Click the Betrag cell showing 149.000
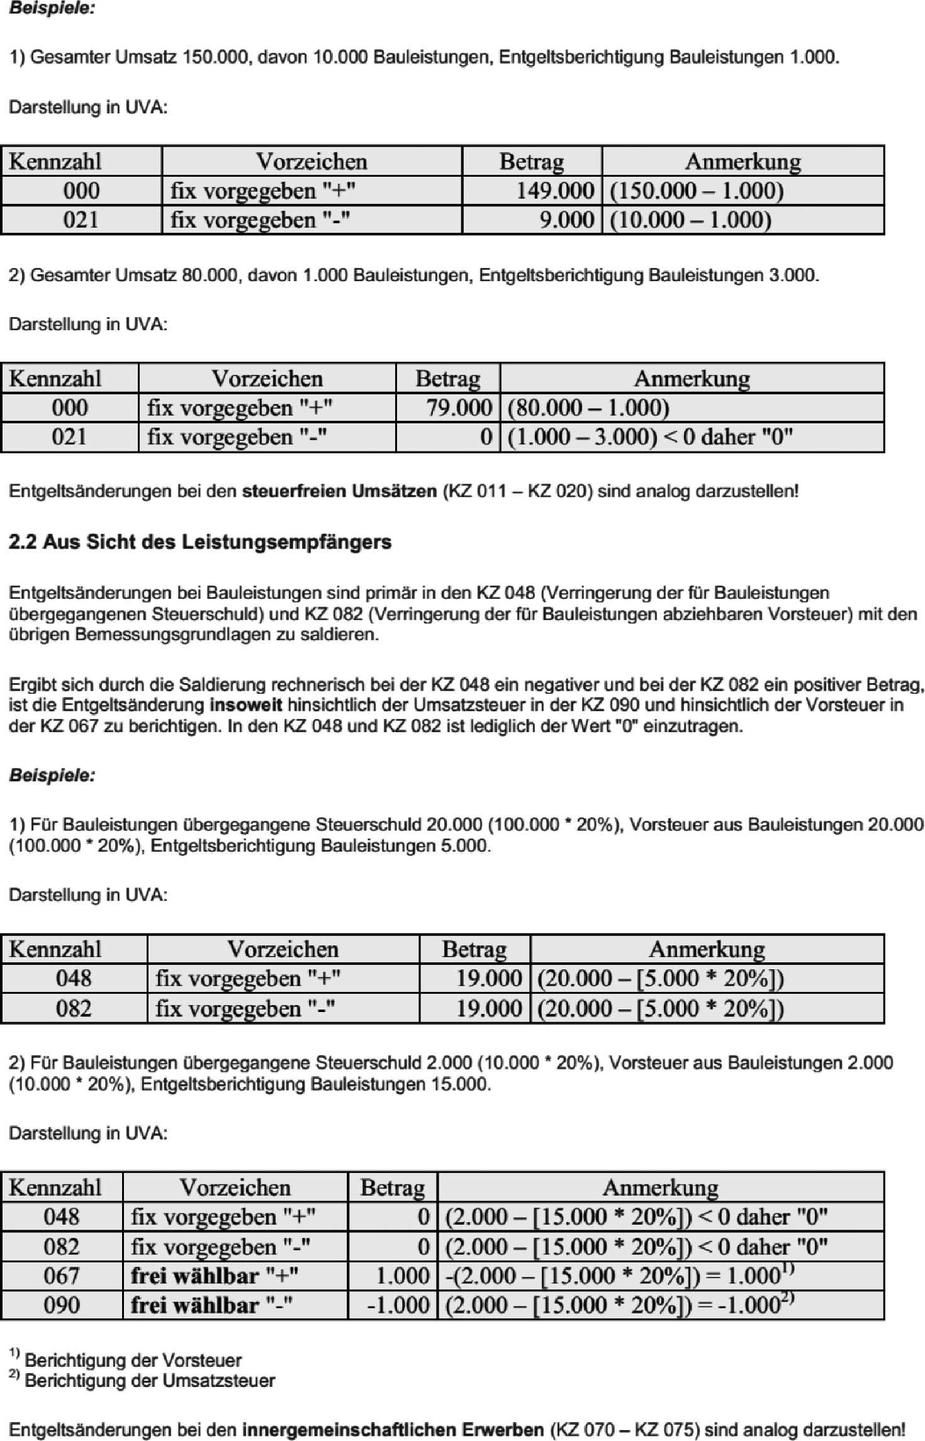click(x=554, y=191)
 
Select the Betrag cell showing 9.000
click(x=566, y=220)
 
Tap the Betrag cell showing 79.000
click(x=459, y=408)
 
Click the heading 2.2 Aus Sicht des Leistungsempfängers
click(x=200, y=542)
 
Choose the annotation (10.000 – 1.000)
click(x=690, y=220)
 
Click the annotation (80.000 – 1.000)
click(x=588, y=408)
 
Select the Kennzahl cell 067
click(x=62, y=1276)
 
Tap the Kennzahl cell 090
click(x=62, y=1305)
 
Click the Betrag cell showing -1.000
click(x=398, y=1305)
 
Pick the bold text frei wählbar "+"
click(x=214, y=1276)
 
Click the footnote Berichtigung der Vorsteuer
click(x=133, y=1360)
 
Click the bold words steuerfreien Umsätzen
click(x=339, y=491)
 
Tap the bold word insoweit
click(x=245, y=705)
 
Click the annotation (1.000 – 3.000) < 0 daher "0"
click(x=650, y=437)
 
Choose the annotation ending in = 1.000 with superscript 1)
click(x=619, y=1276)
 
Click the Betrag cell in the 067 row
click(x=402, y=1276)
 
